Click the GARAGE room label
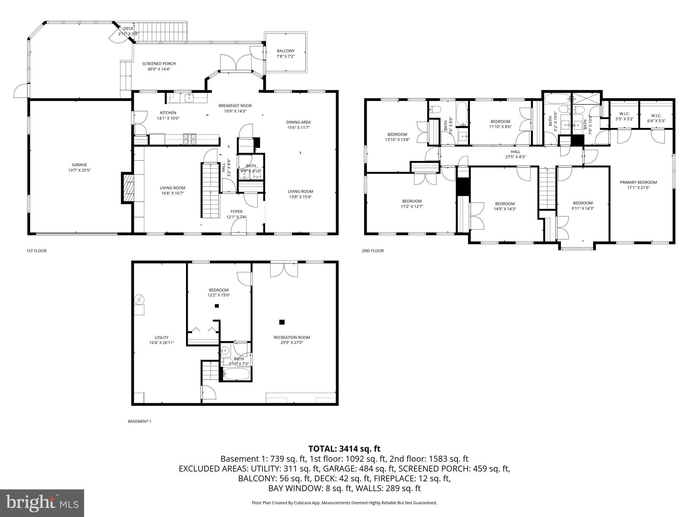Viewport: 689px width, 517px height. point(79,167)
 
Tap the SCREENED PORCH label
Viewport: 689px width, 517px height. point(159,66)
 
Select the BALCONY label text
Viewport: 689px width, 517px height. point(286,54)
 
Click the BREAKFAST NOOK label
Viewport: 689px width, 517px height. point(235,108)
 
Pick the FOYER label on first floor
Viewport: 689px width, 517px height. point(237,214)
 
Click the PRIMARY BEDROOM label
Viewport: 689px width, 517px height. point(638,185)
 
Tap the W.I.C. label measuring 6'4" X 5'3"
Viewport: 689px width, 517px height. point(656,118)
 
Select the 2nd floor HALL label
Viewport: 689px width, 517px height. point(515,154)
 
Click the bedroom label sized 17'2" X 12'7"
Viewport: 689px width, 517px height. point(412,204)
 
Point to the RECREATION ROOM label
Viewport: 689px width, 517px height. point(292,340)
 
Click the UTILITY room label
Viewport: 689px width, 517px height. point(161,340)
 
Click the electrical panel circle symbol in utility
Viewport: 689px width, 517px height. point(139,299)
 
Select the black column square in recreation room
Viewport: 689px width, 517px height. point(282,322)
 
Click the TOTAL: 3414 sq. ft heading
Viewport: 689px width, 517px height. point(344,449)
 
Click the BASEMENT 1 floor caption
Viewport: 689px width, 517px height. point(140,421)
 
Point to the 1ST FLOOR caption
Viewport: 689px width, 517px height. point(36,251)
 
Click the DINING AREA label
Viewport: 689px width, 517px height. point(298,125)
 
